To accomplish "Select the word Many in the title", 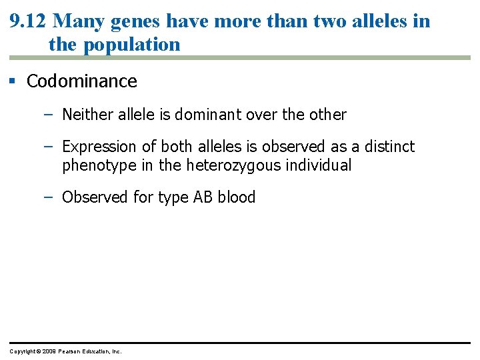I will [x=75, y=21].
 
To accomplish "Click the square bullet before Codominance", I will [x=12, y=81].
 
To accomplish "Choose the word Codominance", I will [x=82, y=81].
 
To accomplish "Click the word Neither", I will [x=85, y=115].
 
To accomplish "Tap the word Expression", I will [x=99, y=147].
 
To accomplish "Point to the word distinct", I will [x=389, y=147].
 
